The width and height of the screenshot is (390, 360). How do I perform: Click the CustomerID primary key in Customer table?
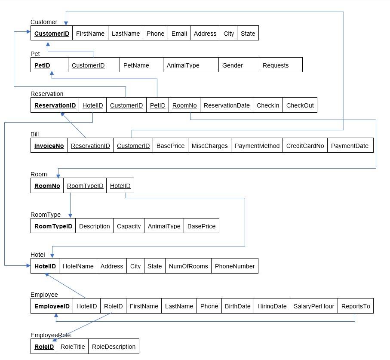coord(52,34)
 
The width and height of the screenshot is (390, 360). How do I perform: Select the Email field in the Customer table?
coord(179,34)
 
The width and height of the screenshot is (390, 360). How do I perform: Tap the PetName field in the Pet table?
coord(136,65)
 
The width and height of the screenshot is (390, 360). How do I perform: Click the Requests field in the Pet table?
coord(275,65)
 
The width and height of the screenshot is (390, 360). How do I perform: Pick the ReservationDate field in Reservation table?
coord(227,105)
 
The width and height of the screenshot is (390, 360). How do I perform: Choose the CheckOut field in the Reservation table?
coord(300,105)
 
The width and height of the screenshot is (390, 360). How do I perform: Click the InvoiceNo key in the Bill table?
coord(49,146)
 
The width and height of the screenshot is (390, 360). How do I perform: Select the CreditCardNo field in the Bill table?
coord(305,146)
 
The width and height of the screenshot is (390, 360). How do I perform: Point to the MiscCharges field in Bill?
coord(209,146)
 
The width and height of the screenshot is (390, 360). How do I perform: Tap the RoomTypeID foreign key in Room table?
coord(85,186)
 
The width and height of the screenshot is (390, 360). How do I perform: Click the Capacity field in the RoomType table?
coord(129,226)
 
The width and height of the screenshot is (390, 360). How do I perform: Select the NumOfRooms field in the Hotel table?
coord(188,266)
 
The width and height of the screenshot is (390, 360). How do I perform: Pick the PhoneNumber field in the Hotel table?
coord(235,266)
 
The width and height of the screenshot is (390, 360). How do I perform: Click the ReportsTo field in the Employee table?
coord(355,306)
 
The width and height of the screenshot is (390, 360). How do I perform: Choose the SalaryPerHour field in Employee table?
coord(313,306)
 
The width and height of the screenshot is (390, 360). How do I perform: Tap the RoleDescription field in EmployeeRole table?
coord(114,347)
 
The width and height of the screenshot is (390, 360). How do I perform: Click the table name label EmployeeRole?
coord(50,335)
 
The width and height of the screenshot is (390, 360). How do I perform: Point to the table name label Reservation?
coord(47,94)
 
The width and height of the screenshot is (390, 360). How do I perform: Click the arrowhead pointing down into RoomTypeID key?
coord(70,215)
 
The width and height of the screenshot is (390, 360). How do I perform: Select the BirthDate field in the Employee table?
coord(237,306)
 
